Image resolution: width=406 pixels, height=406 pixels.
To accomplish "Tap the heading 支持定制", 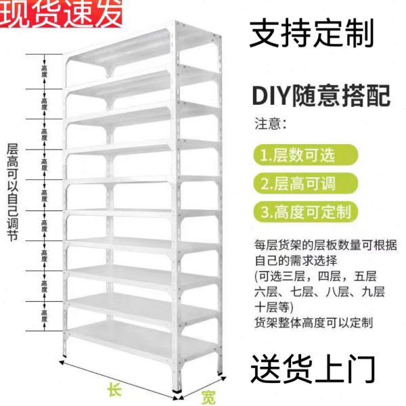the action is (311, 33).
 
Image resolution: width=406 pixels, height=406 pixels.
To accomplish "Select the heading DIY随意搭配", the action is (321, 96).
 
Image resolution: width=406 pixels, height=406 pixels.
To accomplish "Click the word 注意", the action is (270, 125).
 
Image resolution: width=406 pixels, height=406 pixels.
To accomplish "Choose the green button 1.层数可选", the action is (297, 155).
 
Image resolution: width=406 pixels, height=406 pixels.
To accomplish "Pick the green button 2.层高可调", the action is (297, 183).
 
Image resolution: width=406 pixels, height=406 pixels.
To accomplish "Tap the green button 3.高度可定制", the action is (304, 212).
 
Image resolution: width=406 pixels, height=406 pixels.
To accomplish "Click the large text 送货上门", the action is (312, 369).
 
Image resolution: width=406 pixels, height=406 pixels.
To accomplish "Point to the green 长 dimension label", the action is (113, 390).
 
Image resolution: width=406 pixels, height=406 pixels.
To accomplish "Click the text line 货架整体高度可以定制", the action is (313, 323).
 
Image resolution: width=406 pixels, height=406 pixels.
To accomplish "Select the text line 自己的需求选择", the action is (291, 261).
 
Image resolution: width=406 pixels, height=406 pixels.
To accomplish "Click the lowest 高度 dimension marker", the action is (44, 315).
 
